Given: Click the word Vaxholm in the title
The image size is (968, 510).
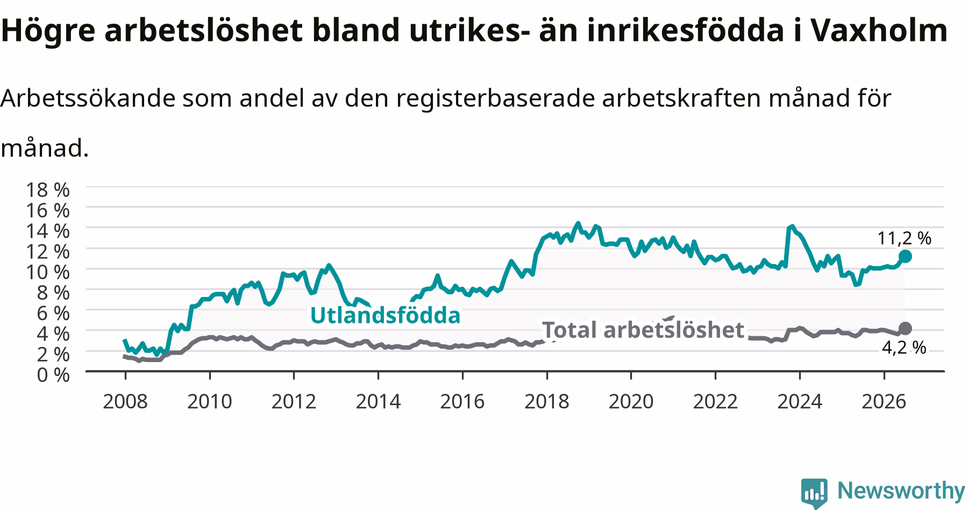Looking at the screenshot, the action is (x=878, y=31).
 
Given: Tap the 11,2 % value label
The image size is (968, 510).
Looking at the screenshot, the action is (x=905, y=238).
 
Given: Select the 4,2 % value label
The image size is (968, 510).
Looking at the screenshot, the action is (x=904, y=348).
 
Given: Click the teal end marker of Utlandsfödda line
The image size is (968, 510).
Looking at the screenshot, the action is (x=905, y=256).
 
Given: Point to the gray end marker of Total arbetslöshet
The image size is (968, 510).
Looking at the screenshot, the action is (x=905, y=328).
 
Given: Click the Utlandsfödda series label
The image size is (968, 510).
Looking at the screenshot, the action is (x=386, y=316).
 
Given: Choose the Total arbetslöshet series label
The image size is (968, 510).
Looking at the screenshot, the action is (x=643, y=330).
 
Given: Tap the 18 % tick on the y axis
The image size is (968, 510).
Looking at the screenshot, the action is (x=48, y=189).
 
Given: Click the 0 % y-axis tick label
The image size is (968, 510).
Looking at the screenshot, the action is (x=53, y=374).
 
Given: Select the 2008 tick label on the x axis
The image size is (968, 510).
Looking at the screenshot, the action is (x=125, y=401).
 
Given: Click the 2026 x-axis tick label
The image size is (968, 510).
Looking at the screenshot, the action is (x=884, y=401).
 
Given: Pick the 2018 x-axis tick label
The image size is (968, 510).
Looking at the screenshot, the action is (x=547, y=401).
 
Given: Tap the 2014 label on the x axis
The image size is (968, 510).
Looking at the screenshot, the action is (x=379, y=401).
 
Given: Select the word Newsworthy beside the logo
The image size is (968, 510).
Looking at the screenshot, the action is (x=902, y=491).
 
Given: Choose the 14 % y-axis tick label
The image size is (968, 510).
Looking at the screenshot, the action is (x=48, y=230).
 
